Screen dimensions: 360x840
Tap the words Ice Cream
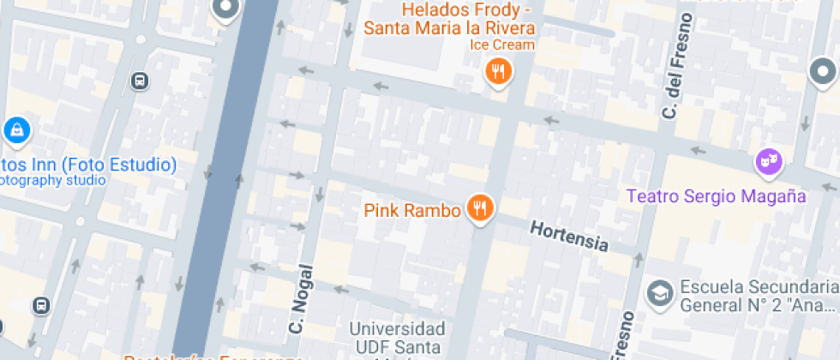pyautogui.click(x=502, y=45)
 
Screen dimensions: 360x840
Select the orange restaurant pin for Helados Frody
pyautogui.click(x=497, y=71)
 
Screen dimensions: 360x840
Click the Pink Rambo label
pyautogui.click(x=412, y=210)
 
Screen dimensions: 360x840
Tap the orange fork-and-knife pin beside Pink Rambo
pyautogui.click(x=480, y=207)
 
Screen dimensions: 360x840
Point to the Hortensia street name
pyautogui.click(x=569, y=237)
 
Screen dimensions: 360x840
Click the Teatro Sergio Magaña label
pyautogui.click(x=716, y=195)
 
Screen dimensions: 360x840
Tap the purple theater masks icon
pyautogui.click(x=768, y=160)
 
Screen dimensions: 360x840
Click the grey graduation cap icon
pyautogui.click(x=659, y=291)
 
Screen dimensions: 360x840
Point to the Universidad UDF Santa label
pyautogui.click(x=398, y=338)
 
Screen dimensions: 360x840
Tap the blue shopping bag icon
pyautogui.click(x=16, y=130)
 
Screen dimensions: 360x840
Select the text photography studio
pyautogui.click(x=51, y=180)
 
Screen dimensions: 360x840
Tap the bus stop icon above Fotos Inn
pyautogui.click(x=139, y=81)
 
